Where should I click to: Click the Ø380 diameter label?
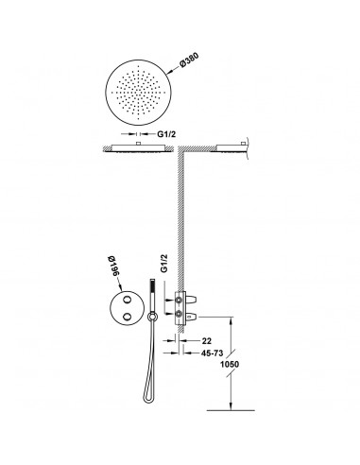pos(189,61)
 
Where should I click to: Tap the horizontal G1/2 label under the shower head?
pos(166,134)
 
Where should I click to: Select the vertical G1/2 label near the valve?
pos(164,264)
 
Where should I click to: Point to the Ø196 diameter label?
pos(113,267)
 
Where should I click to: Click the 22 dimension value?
pos(207,341)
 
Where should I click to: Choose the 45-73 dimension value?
pos(212,353)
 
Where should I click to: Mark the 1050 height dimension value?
pos(230,365)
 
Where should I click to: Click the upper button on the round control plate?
pos(128,300)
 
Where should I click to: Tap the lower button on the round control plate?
pos(128,316)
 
